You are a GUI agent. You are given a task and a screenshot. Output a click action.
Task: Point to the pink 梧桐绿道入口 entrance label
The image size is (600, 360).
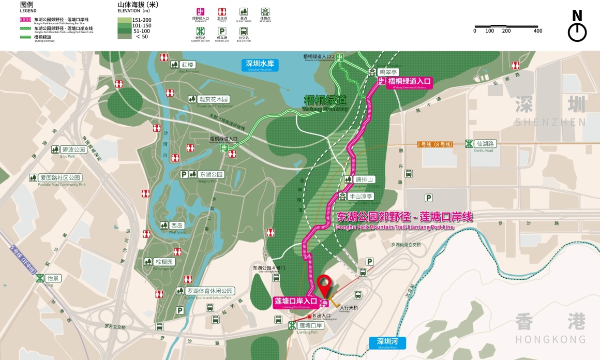(x=410, y=82)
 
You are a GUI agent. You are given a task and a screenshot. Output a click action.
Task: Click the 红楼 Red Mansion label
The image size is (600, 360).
(x=187, y=65)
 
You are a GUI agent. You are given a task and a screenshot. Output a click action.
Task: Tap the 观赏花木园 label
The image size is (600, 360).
(x=213, y=99)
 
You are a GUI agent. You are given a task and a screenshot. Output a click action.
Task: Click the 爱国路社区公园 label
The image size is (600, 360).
(x=60, y=178)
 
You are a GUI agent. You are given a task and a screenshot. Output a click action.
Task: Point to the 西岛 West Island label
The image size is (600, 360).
(x=177, y=226)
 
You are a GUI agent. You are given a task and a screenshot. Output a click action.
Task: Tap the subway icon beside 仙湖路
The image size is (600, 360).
(x=469, y=143)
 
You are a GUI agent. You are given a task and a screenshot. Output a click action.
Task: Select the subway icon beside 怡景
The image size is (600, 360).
(x=39, y=278)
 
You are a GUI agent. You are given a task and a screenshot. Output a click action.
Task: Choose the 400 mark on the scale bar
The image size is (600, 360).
(x=538, y=31)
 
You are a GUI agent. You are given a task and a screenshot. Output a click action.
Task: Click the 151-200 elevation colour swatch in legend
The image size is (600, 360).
(x=125, y=20)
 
